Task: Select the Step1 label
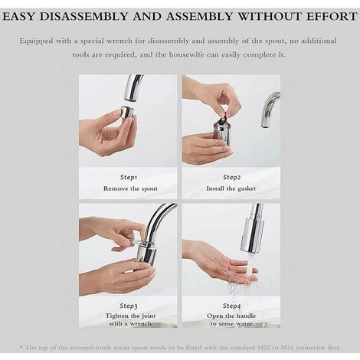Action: pos(128,177)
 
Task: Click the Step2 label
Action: pos(231,177)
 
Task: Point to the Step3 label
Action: pos(128,305)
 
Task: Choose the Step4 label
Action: pos(231,305)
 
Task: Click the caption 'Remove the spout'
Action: pos(128,188)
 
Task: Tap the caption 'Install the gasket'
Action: pos(231,188)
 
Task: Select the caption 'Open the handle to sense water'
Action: pos(231,319)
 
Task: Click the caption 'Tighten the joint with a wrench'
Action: pos(128,319)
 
